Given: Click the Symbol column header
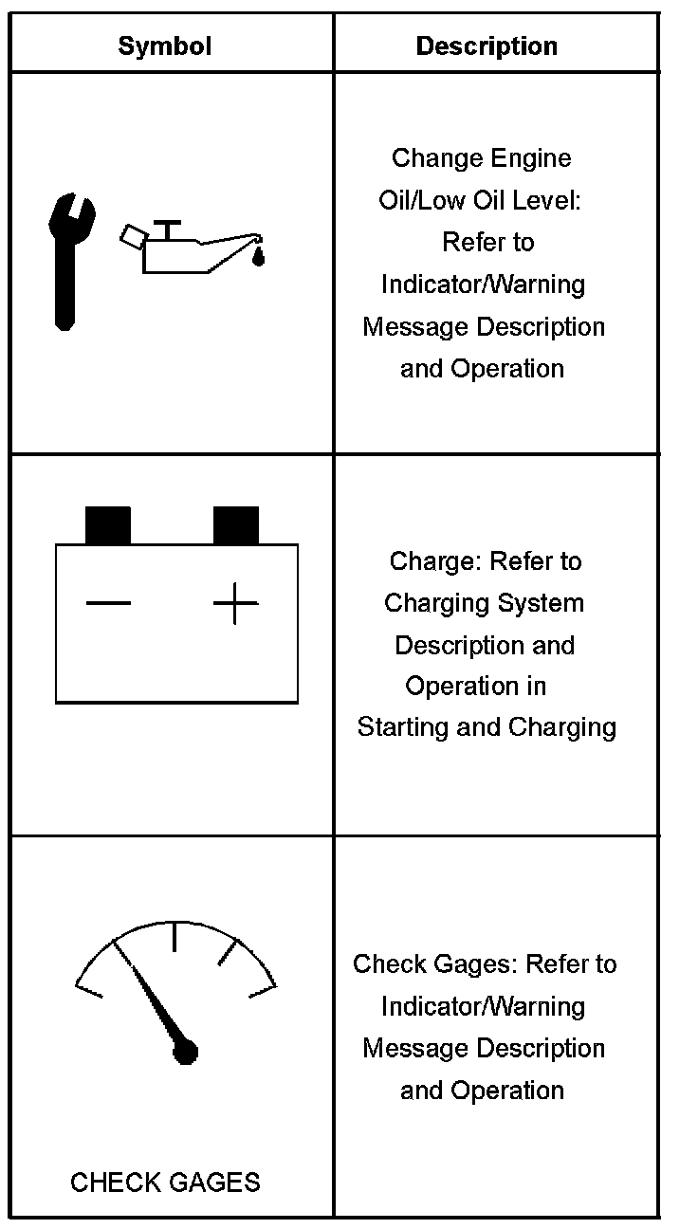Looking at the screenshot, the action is (164, 46).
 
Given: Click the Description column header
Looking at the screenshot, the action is (487, 46).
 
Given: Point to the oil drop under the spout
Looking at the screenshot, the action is (258, 256).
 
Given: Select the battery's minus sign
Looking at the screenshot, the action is (108, 602).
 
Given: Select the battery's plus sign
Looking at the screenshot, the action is (235, 603).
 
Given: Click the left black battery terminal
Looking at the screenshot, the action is (108, 525).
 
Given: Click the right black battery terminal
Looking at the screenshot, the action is (235, 525).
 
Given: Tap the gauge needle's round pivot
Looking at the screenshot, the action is (186, 1051).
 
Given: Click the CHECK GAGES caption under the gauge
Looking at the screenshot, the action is (165, 1183).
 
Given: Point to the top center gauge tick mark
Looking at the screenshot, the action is (174, 935).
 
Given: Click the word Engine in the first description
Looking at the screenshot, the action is (538, 157).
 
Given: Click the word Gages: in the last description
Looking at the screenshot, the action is (473, 964).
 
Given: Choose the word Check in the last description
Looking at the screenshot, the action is (388, 964).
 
